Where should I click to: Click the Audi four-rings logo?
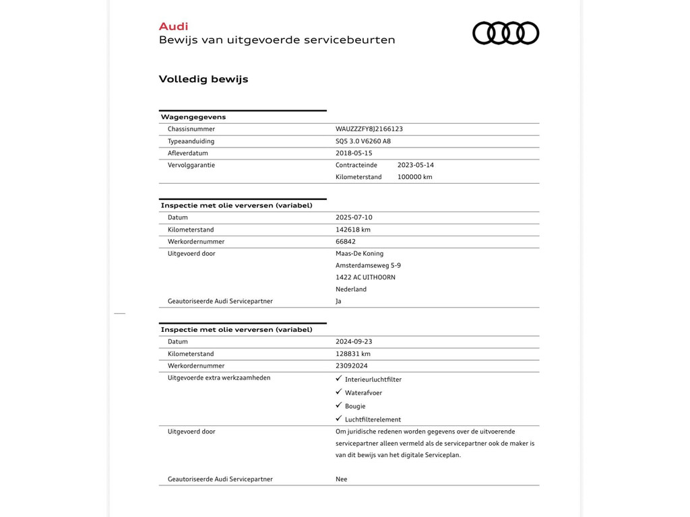coord(505,33)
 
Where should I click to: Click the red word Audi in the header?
coord(173,26)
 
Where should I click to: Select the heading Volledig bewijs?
coord(203,79)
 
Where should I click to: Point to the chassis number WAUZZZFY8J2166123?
coord(369,129)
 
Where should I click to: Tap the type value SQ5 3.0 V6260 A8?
coord(363,141)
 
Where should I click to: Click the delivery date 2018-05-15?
coord(354,153)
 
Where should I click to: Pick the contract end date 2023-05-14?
coord(416,165)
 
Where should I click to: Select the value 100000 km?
coord(414,177)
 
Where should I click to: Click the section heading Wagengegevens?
coord(193,117)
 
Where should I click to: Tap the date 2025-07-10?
coord(354,217)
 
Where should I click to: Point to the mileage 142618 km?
coord(353,230)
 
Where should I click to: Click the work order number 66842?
coord(346,242)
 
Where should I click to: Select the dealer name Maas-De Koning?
coord(359,254)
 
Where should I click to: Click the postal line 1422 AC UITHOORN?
coord(365,277)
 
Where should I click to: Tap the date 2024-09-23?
coord(354,341)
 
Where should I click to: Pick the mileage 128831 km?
coord(353,353)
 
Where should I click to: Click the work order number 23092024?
coord(352,366)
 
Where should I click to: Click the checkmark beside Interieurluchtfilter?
coord(339,378)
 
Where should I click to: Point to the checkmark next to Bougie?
coord(339,405)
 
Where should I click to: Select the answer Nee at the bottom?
coord(342,479)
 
